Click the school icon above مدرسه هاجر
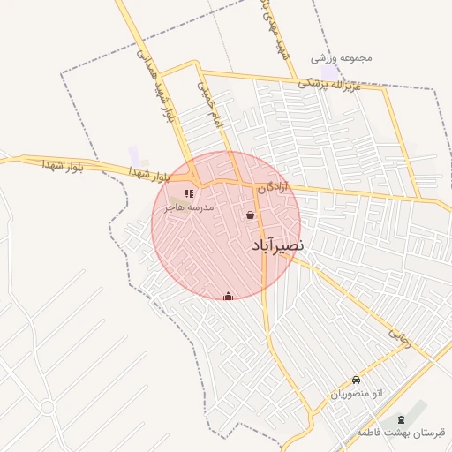tap(189, 193)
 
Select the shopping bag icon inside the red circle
tap(251, 215)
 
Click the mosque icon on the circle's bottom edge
tap(229, 296)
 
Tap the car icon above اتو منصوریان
tap(357, 380)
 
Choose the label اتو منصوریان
tap(358, 394)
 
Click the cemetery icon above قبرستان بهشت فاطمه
tap(403, 418)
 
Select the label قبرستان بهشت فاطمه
tap(402, 433)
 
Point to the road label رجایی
tap(401, 336)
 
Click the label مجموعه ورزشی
tap(342, 58)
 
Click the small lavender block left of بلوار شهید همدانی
tap(133, 156)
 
